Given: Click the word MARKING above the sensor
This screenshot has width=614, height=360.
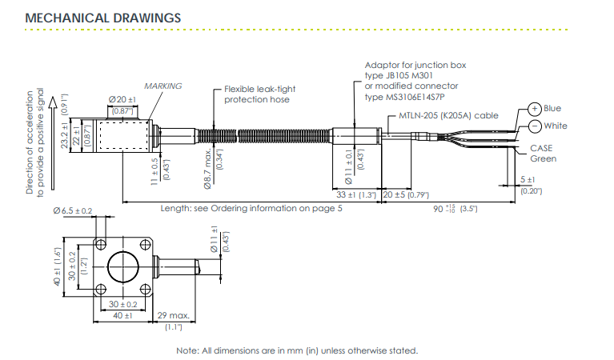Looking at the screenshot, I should point(163,86).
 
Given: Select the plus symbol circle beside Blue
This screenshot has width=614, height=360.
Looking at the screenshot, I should point(534,110).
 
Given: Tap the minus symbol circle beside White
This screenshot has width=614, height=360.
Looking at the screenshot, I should point(534,126).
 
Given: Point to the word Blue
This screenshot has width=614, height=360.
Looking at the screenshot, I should point(552,109).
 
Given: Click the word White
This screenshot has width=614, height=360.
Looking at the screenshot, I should point(555,126).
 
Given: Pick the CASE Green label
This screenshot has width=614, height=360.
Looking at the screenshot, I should point(542,154).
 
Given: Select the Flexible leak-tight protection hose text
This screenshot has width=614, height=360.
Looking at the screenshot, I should point(257,94).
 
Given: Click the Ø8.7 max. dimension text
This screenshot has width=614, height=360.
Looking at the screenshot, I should point(207,170).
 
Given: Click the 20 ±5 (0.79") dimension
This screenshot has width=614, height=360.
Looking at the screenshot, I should point(406,194).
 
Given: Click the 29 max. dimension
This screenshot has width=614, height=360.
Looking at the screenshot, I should point(172,316).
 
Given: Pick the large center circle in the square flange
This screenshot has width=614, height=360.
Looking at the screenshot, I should point(122,265).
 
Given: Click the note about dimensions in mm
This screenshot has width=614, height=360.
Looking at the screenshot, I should point(297,350).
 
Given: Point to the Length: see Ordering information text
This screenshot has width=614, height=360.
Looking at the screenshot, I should point(251,208).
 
